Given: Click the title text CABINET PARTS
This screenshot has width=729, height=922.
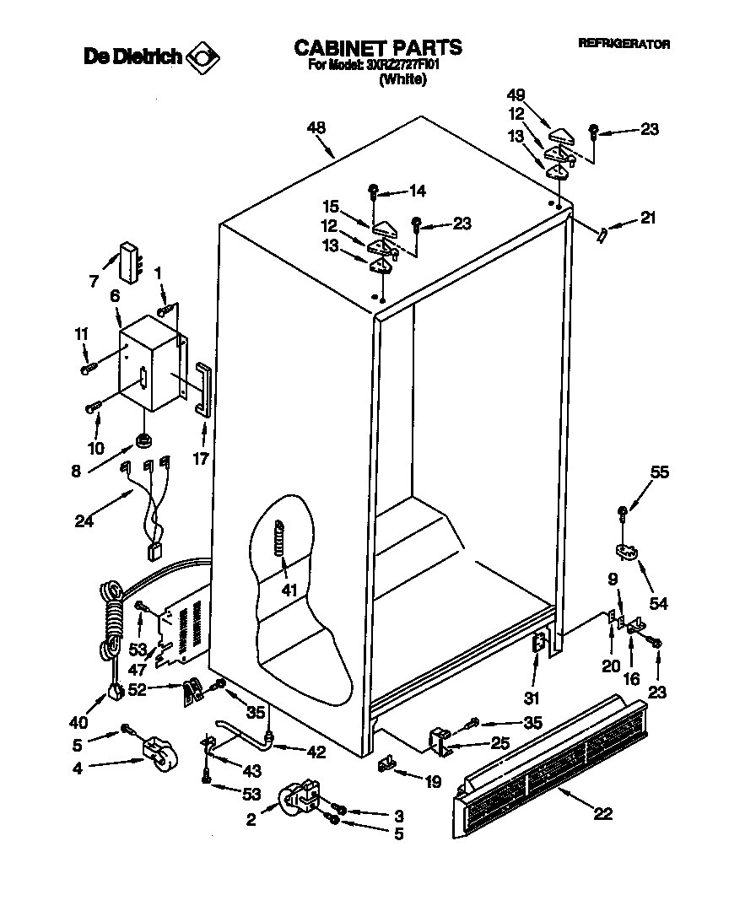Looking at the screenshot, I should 377,47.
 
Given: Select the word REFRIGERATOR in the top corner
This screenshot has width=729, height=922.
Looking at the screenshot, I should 624,44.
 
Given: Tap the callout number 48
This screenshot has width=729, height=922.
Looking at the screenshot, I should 316,128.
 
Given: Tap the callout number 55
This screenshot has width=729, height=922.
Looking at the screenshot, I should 660,472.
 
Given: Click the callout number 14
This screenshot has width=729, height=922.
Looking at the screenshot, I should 417,191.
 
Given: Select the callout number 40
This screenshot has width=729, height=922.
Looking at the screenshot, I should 78,722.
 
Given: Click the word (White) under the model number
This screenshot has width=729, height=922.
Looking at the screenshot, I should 402,80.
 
